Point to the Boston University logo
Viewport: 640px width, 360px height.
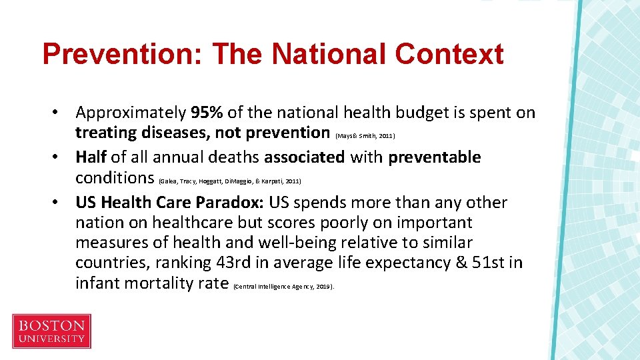pyautogui.click(x=51, y=331)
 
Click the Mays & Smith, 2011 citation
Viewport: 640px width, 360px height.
pyautogui.click(x=366, y=136)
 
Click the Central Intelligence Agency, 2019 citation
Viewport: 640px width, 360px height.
pyautogui.click(x=284, y=287)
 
